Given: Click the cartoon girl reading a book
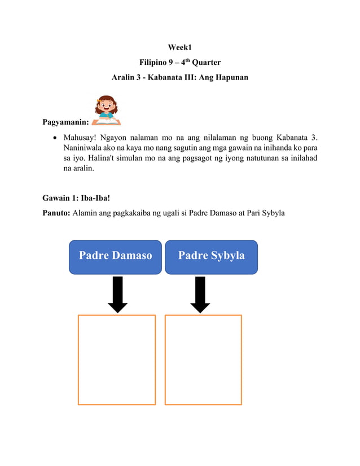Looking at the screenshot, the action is tap(107, 111).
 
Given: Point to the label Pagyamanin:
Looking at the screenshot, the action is tap(65, 122).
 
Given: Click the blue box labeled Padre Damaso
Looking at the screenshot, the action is tap(115, 257).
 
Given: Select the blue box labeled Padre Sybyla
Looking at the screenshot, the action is tap(211, 257).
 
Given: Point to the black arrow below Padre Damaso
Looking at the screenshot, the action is tap(117, 294).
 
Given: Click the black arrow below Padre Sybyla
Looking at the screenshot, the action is tap(200, 294).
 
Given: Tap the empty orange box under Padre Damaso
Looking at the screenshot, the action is tap(116, 359).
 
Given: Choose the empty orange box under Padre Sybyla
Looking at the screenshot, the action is tap(203, 359).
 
